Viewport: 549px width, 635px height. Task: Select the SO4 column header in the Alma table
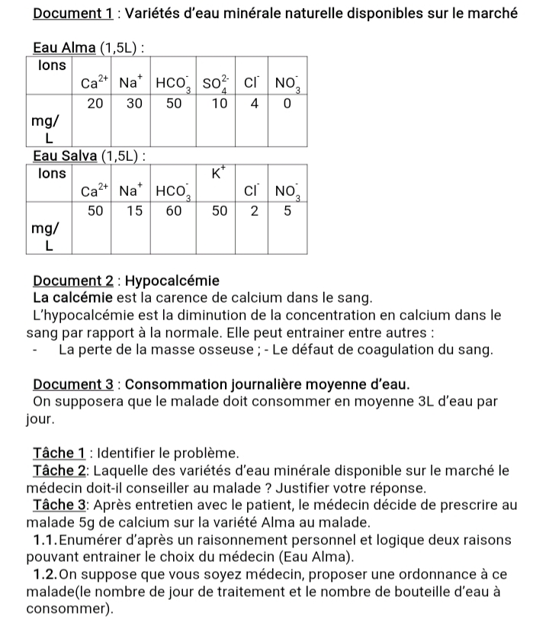tap(220, 84)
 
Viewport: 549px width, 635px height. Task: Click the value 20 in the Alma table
tap(95, 104)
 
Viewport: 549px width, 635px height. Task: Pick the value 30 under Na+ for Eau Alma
tap(134, 104)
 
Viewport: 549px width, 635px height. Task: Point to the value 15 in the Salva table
tap(134, 211)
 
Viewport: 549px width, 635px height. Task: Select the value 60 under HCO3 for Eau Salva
tap(174, 211)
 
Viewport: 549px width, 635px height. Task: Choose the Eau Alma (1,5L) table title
tap(89, 49)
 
